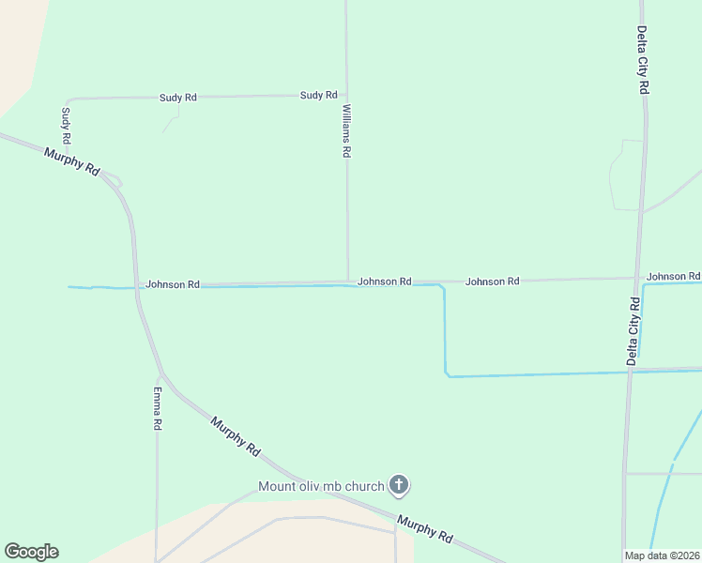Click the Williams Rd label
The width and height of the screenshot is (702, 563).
pyautogui.click(x=346, y=131)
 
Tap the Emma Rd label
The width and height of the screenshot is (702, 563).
pyautogui.click(x=158, y=408)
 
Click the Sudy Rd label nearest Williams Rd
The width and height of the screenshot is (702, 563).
pyautogui.click(x=318, y=95)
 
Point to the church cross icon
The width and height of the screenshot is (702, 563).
pyautogui.click(x=399, y=485)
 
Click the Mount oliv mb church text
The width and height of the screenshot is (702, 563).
pyautogui.click(x=322, y=486)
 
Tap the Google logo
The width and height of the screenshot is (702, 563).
pyautogui.click(x=31, y=552)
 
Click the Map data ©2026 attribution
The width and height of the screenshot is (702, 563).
pyautogui.click(x=662, y=555)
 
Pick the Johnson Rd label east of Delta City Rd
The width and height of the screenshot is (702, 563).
pyautogui.click(x=673, y=277)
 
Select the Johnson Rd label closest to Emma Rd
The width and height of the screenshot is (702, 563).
pyautogui.click(x=173, y=284)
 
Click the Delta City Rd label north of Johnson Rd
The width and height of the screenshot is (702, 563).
pyautogui.click(x=644, y=60)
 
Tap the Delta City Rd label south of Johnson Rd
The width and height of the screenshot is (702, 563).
pyautogui.click(x=633, y=330)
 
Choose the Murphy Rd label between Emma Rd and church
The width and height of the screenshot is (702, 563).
pyautogui.click(x=235, y=436)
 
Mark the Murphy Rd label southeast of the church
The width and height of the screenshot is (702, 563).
pyautogui.click(x=424, y=531)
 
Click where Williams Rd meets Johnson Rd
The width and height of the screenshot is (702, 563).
pyautogui.click(x=347, y=281)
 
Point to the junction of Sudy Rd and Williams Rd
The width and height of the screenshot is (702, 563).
pyautogui.click(x=346, y=95)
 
